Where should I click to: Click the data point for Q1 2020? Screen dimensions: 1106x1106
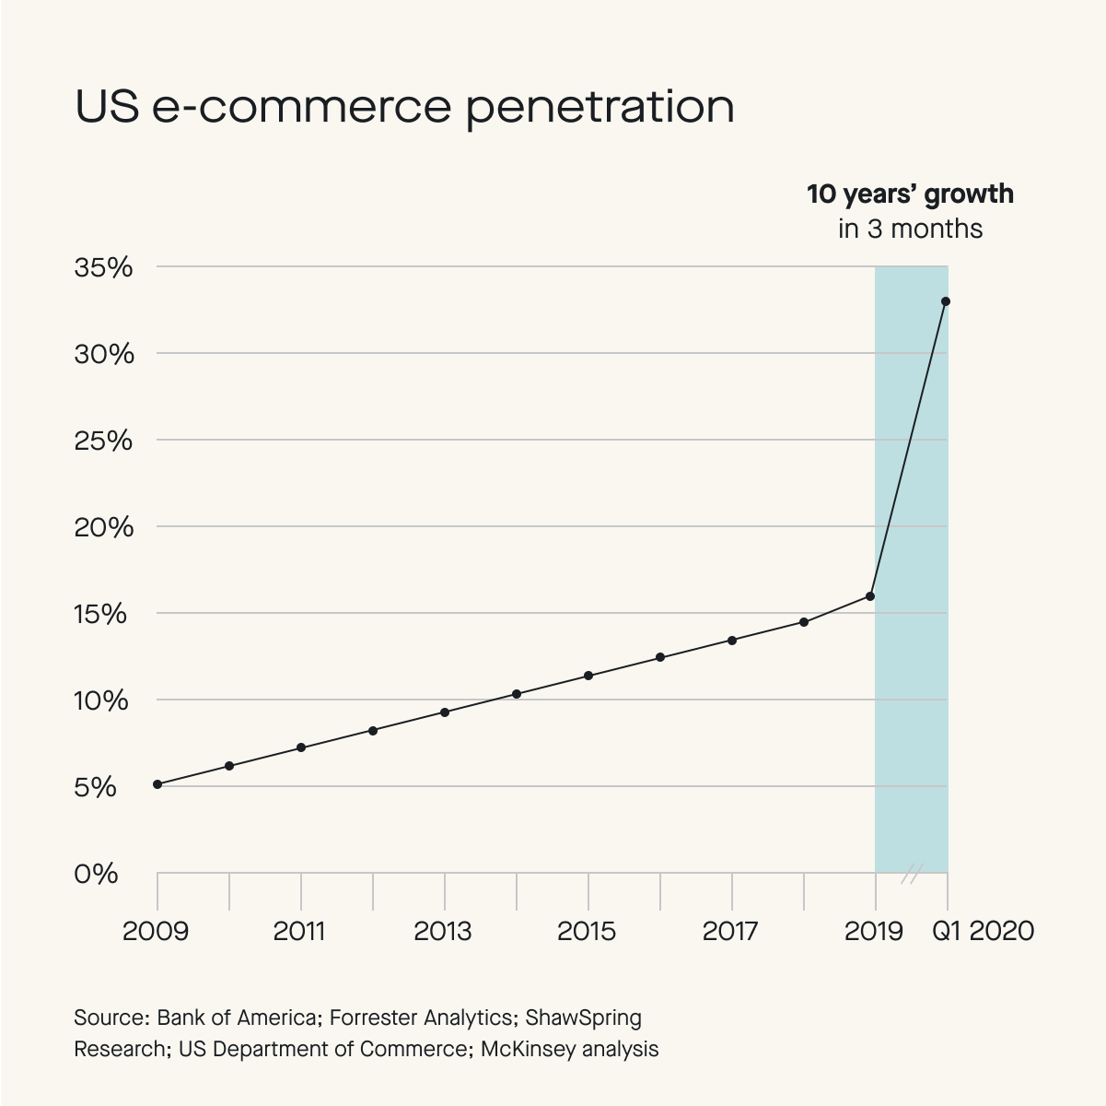[946, 301]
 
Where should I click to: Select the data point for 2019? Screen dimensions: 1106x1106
[870, 596]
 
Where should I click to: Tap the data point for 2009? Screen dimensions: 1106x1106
[157, 784]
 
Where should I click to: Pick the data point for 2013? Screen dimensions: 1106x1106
[445, 712]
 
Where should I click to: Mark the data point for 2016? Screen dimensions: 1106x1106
[660, 657]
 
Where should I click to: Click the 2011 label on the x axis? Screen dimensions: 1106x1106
[300, 931]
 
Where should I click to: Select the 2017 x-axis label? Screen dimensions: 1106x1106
[730, 931]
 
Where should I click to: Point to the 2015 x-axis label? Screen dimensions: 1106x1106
[587, 931]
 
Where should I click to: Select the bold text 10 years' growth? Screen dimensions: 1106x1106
[910, 194]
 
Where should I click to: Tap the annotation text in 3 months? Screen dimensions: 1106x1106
[910, 229]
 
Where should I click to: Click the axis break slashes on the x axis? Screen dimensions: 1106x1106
[911, 873]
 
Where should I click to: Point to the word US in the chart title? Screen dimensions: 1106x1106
[106, 107]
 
